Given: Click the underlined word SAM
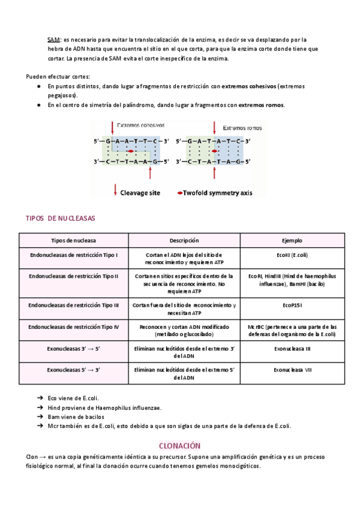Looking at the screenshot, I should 53,40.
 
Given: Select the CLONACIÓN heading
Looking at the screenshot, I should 180,445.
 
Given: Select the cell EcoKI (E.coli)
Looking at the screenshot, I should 292,255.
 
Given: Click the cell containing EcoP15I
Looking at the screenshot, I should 292,305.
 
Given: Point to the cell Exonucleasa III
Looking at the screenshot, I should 292,348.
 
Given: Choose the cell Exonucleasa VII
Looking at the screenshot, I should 292,370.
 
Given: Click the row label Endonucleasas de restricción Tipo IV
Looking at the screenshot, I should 74,327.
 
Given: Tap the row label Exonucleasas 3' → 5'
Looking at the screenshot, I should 74,348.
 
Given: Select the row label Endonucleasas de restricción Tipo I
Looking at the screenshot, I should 74,255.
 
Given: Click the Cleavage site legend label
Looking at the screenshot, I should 140,193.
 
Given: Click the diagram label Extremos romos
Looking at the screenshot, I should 242,128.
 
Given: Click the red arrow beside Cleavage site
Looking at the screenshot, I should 115,191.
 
